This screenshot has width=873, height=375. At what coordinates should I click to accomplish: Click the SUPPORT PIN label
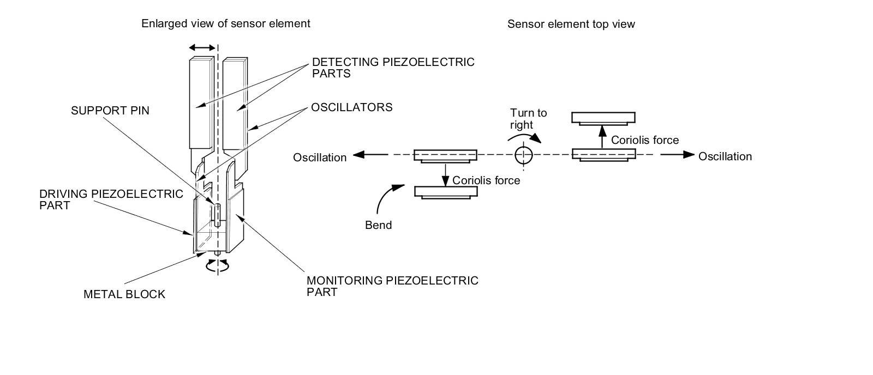[x=110, y=111]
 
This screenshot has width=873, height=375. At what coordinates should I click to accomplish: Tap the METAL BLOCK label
[x=124, y=294]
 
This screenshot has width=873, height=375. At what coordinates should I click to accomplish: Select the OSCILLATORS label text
[x=351, y=107]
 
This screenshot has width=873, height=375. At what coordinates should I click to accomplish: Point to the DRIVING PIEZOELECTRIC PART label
[x=111, y=199]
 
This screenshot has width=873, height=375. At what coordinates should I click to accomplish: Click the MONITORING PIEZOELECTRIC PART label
[x=392, y=286]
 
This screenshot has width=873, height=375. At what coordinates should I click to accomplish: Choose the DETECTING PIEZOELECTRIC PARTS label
[x=393, y=68]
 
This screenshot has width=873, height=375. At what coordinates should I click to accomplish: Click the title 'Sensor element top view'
[x=571, y=24]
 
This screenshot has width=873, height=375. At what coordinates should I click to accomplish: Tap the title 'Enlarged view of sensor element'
[x=225, y=23]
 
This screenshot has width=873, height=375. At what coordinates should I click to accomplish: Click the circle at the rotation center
[x=523, y=155]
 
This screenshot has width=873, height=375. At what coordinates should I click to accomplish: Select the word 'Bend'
[x=378, y=225]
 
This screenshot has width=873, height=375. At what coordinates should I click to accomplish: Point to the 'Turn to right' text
[x=528, y=119]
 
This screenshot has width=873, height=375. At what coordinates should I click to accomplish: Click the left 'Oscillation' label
[x=320, y=158]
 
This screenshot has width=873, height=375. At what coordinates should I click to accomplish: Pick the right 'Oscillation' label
[x=725, y=156]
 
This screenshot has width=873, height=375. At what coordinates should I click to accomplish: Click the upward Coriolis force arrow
[x=602, y=136]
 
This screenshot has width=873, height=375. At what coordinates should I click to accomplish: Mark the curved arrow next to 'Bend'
[x=388, y=196]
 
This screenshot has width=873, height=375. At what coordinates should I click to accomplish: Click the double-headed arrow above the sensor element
[x=201, y=48]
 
